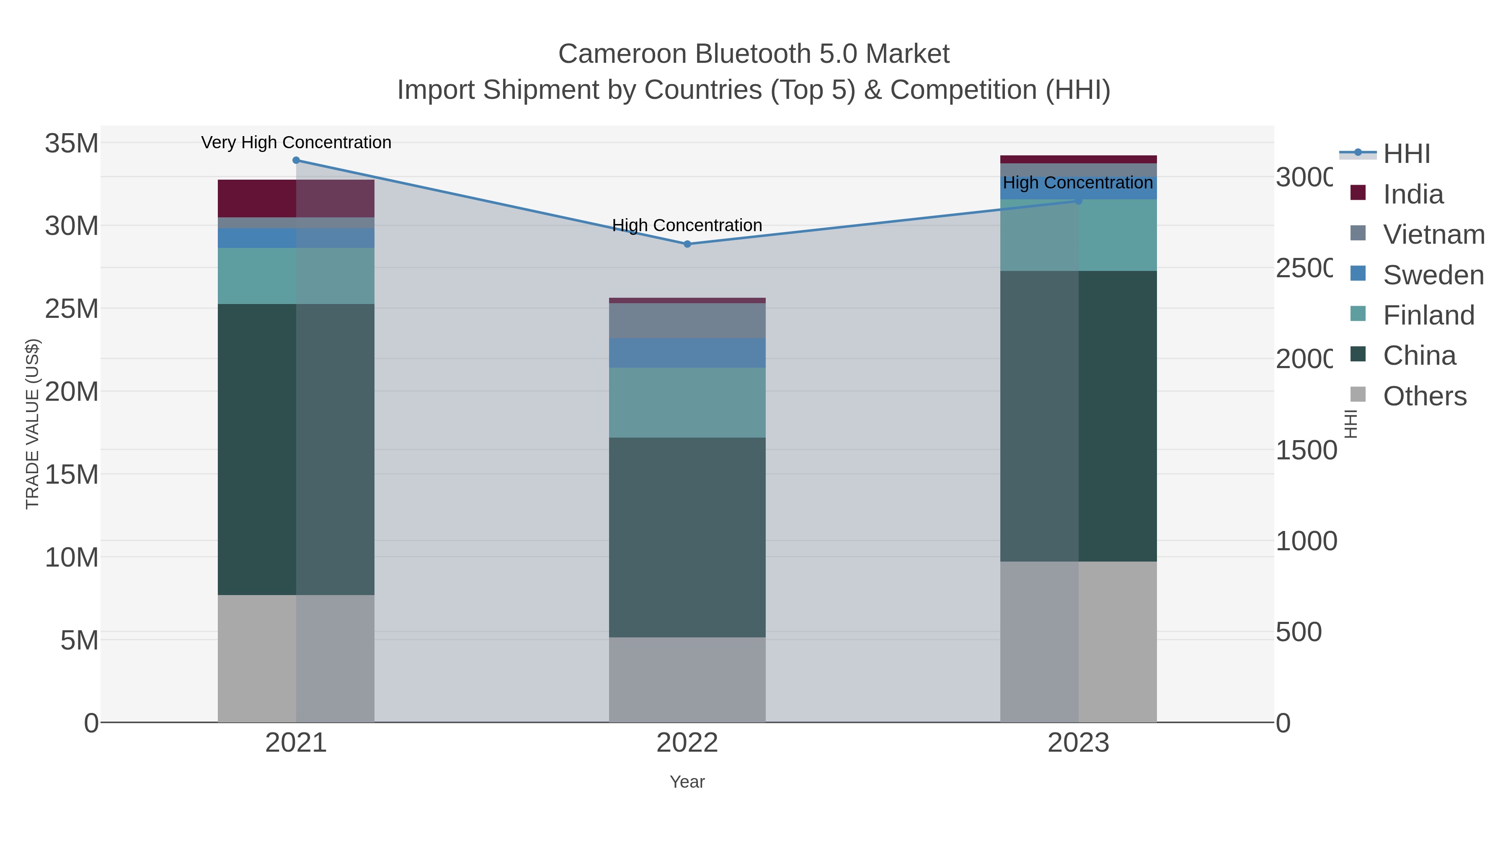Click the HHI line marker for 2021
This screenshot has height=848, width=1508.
296,160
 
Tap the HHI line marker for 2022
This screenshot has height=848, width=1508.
687,244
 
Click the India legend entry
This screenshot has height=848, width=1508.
1412,194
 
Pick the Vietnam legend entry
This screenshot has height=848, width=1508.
1433,235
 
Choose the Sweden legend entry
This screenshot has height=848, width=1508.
1433,275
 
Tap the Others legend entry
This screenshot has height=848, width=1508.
1424,396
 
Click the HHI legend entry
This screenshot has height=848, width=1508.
1406,154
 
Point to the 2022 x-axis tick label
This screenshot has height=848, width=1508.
687,743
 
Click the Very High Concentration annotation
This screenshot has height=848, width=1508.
296,143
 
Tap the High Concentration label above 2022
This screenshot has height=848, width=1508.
687,225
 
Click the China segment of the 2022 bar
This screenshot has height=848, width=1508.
687,537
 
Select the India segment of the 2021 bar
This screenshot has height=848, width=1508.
296,198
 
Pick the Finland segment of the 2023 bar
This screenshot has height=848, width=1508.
1078,235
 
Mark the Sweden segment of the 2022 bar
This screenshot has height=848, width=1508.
687,353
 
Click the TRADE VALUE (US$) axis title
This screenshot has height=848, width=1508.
33,424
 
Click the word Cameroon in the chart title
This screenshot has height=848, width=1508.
622,54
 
